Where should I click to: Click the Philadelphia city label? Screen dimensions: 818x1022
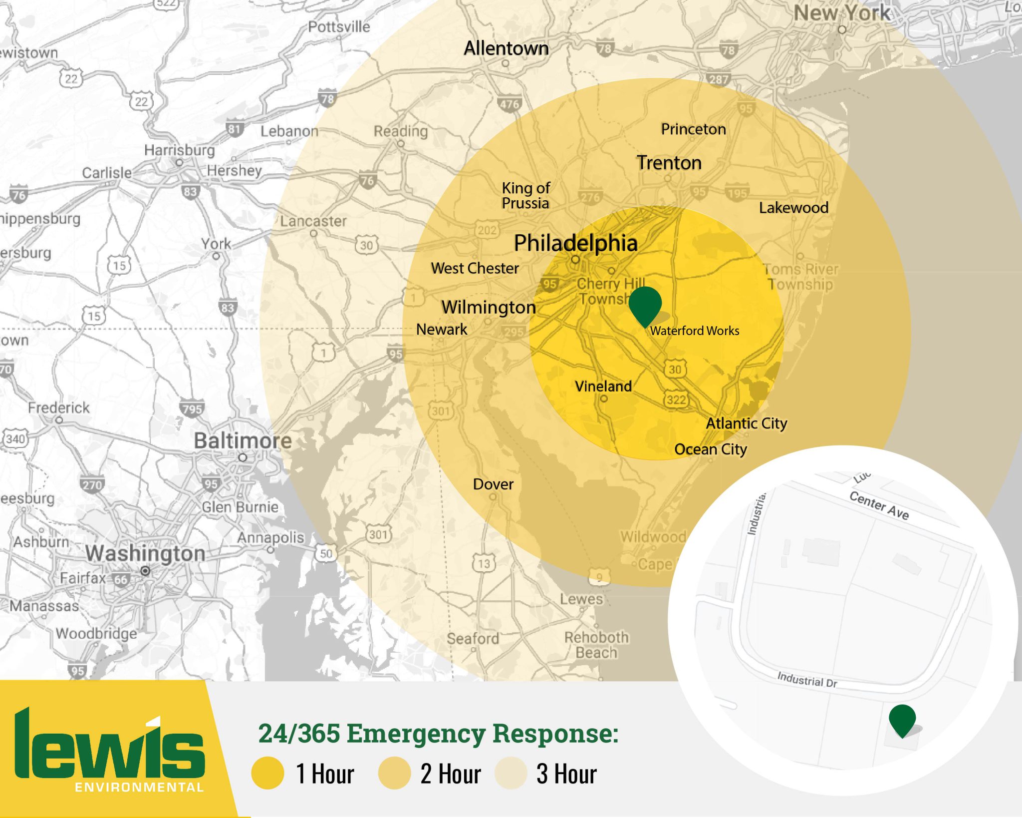click(575, 243)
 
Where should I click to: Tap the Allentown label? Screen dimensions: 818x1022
click(506, 48)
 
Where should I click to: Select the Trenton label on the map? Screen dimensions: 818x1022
click(669, 163)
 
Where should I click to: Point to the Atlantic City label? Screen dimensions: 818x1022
click(746, 423)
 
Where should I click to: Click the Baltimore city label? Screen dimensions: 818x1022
click(243, 440)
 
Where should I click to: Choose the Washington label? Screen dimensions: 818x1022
click(145, 553)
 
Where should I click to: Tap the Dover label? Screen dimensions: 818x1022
click(493, 484)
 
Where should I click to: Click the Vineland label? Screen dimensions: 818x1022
click(603, 386)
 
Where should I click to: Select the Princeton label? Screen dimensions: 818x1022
click(693, 129)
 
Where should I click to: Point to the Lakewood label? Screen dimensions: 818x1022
click(793, 208)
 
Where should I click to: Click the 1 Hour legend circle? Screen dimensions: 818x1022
click(268, 773)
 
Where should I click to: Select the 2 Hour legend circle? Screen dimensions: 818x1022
click(394, 773)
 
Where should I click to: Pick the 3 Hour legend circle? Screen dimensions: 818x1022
click(511, 773)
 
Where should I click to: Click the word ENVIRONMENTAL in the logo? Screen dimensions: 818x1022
click(139, 788)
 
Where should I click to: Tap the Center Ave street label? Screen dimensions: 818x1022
click(879, 505)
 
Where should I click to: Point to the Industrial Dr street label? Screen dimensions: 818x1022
click(807, 680)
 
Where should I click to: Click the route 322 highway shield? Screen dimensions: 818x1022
click(676, 400)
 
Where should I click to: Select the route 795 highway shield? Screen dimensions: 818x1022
click(192, 409)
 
